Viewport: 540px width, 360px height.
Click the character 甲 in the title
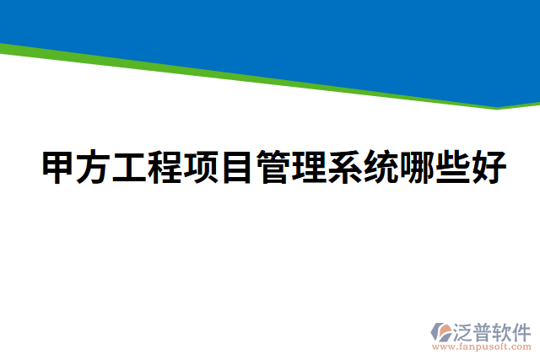59,169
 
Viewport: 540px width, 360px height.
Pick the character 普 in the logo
484,330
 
